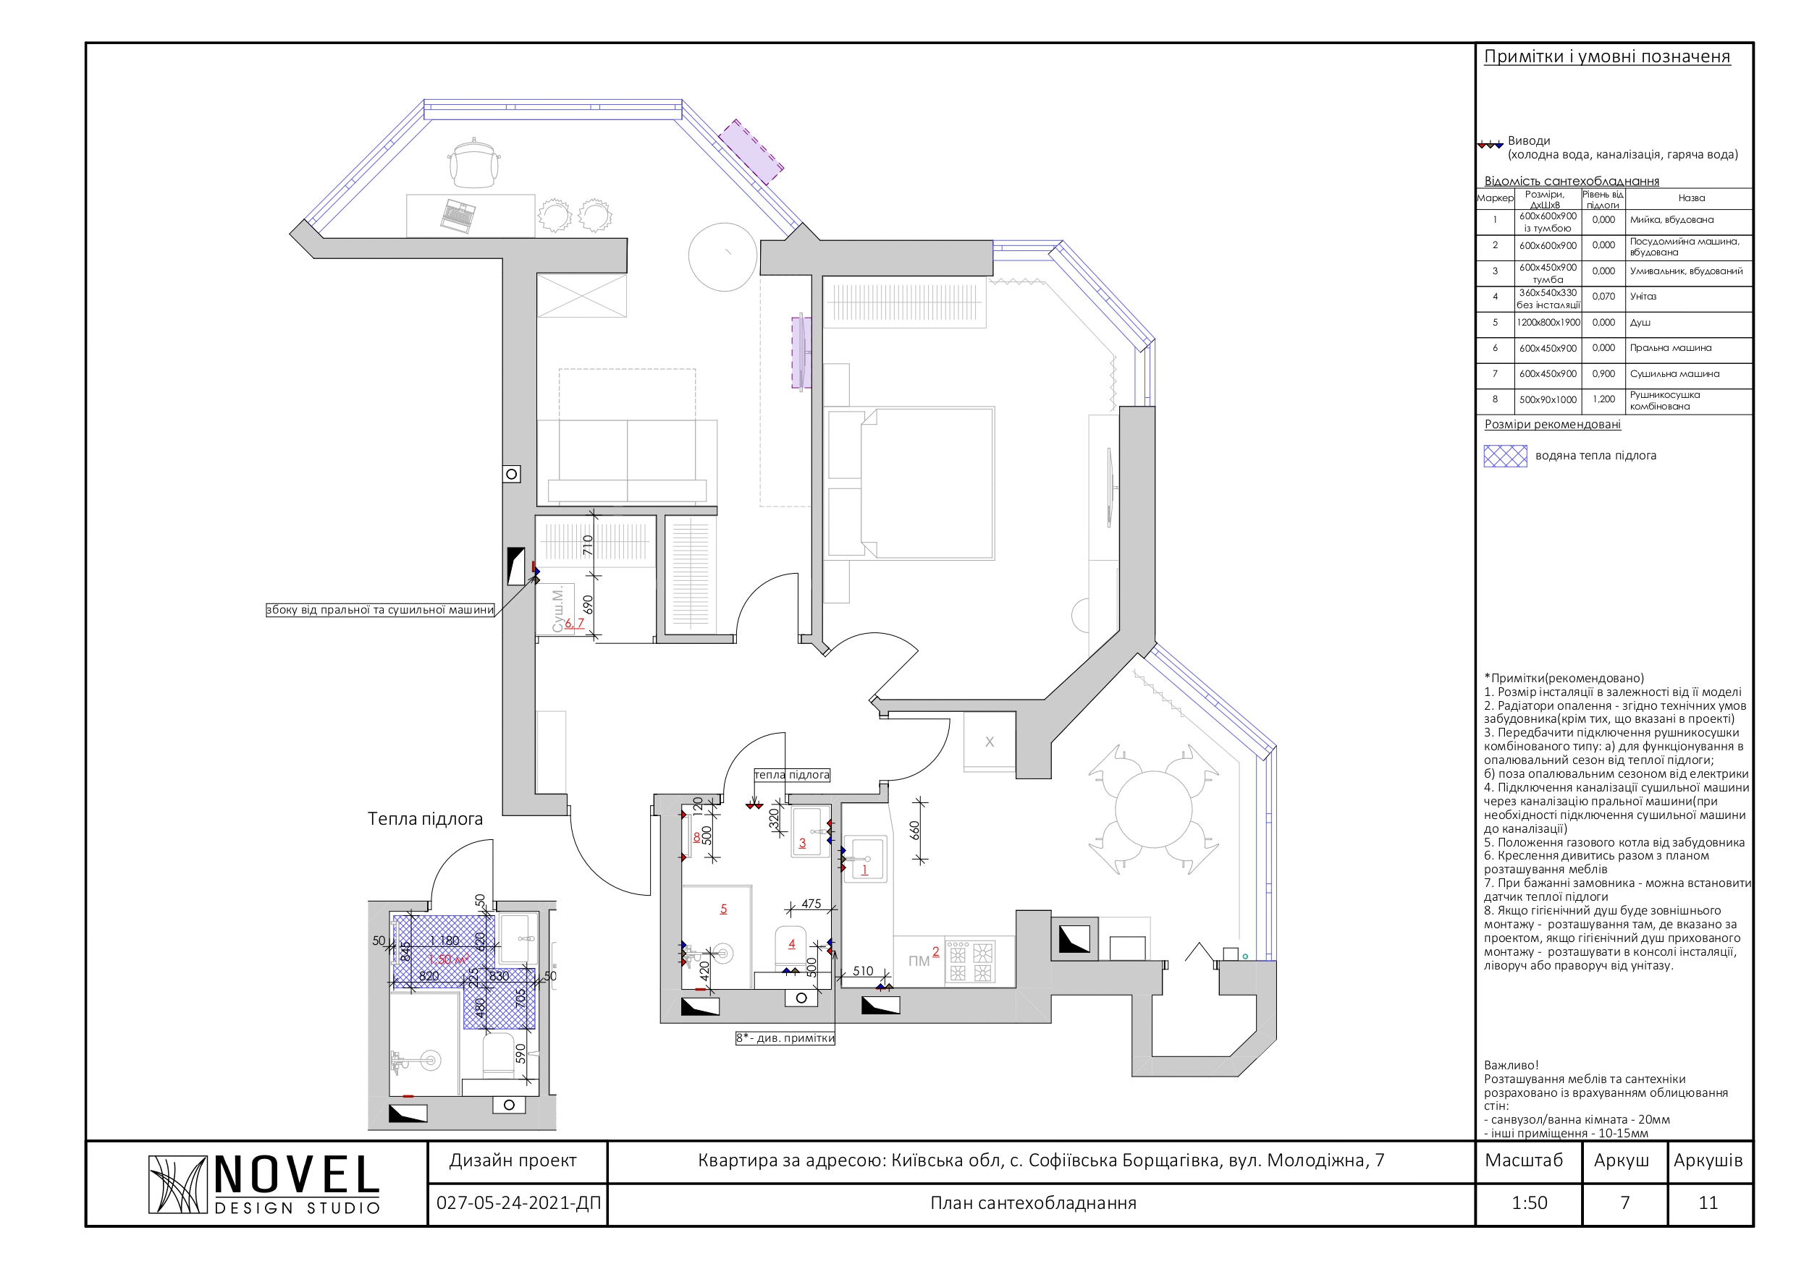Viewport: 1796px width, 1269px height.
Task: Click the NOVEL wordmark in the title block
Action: pos(297,1174)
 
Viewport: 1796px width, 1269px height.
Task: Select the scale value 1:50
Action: pos(1530,1203)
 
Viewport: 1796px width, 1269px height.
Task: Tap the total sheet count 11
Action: pos(1708,1203)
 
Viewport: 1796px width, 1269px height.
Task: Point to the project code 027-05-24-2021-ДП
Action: pos(518,1203)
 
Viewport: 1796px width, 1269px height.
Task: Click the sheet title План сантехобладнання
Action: pos(1033,1203)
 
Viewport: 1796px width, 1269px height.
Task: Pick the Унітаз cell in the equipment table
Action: pos(1643,297)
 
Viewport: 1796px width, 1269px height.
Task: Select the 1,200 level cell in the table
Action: pos(1603,399)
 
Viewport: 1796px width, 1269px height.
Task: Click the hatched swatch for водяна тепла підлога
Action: pos(1505,456)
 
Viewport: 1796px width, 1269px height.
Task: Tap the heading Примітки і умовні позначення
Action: pos(1607,56)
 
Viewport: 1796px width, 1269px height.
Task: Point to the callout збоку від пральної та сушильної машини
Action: pos(380,610)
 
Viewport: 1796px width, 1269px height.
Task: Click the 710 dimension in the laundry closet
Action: pos(589,546)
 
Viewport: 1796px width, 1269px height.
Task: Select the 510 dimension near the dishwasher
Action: pos(863,971)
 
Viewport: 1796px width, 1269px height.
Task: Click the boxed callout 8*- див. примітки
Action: pos(785,1038)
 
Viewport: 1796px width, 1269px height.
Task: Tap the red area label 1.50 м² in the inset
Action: pos(449,959)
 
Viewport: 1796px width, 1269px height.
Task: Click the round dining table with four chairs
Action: pos(1153,810)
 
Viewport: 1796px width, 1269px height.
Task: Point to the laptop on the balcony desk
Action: pos(458,216)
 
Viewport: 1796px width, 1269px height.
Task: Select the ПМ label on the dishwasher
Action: pos(919,961)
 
